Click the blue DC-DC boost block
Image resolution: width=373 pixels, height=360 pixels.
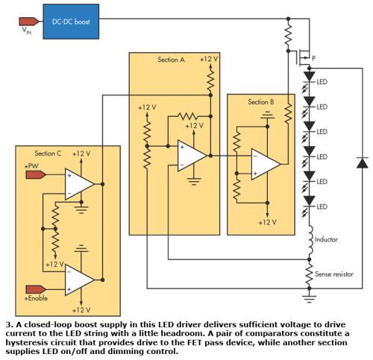tap(71, 22)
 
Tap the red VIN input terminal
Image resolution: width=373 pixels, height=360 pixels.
tap(28, 22)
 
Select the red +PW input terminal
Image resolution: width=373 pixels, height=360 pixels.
tap(36, 175)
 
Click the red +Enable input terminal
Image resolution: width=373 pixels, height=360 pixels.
tap(36, 289)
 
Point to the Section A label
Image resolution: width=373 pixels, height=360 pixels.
tap(171, 60)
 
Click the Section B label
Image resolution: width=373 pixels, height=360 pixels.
tap(261, 102)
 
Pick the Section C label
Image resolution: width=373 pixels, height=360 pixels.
tap(48, 154)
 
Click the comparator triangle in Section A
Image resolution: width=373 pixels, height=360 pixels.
tap(192, 156)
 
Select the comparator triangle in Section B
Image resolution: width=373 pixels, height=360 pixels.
tap(266, 164)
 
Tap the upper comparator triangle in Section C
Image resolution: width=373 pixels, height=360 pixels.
tap(80, 184)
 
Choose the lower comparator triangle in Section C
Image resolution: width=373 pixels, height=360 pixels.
tap(80, 280)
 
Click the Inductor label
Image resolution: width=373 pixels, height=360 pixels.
tap(326, 239)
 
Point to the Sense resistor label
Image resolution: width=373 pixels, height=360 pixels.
tap(334, 274)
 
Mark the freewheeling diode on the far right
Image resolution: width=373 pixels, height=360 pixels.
tap(363, 162)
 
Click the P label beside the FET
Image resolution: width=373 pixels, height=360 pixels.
tap(313, 58)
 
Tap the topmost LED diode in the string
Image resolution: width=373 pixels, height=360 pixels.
tap(310, 77)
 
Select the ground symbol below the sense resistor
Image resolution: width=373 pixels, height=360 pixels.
tap(310, 299)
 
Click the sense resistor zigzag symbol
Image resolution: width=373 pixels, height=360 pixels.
tap(310, 274)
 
